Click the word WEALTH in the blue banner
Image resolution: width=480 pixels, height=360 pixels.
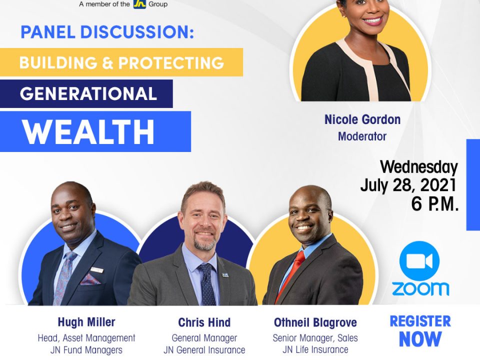pyautogui.click(x=88, y=132)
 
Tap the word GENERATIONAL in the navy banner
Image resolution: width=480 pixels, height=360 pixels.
pyautogui.click(x=88, y=93)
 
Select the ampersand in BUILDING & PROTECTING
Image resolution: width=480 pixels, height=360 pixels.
pyautogui.click(x=108, y=63)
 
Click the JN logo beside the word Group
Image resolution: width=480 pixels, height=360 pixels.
pyautogui.click(x=139, y=4)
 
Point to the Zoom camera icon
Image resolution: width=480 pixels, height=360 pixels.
pyautogui.click(x=419, y=261)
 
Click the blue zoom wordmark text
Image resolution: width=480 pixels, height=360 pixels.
pyautogui.click(x=420, y=289)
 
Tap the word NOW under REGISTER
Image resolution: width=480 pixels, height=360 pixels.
pyautogui.click(x=420, y=339)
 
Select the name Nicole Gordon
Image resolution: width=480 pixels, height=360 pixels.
pyautogui.click(x=362, y=119)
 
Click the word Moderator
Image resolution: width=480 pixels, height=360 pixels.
pyautogui.click(x=362, y=136)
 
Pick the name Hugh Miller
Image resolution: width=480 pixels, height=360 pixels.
pyautogui.click(x=86, y=322)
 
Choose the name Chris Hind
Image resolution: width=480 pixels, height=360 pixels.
pyautogui.click(x=204, y=322)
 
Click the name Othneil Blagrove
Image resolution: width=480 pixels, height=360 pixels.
pyautogui.click(x=315, y=322)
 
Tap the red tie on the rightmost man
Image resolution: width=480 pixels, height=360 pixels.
pyautogui.click(x=291, y=274)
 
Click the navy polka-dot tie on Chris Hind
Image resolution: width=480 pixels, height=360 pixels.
pyautogui.click(x=207, y=284)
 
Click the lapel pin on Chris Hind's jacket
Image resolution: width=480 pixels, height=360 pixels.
pyautogui.click(x=225, y=275)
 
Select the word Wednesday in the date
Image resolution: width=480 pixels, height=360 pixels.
pyautogui.click(x=419, y=167)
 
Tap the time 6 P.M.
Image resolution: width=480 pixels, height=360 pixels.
pyautogui.click(x=434, y=204)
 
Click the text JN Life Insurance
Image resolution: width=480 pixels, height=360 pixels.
pyautogui.click(x=315, y=349)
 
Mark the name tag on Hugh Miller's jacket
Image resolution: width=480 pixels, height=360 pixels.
pyautogui.click(x=97, y=269)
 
